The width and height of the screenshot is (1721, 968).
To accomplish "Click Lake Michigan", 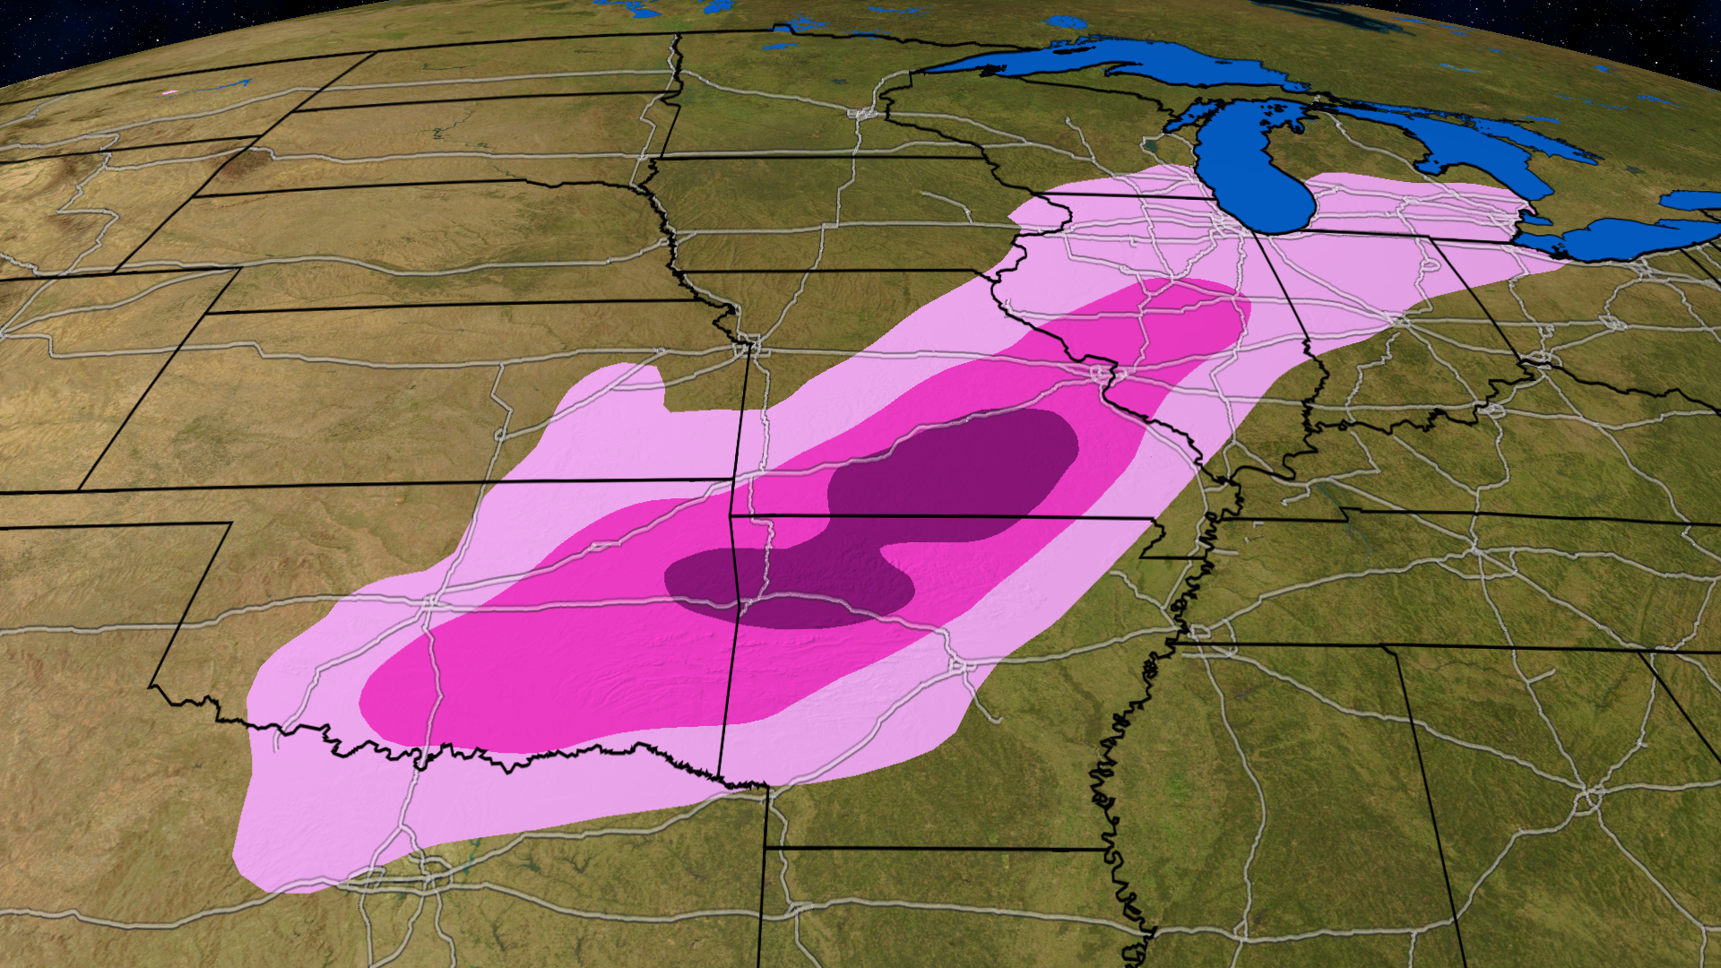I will click(1255, 170).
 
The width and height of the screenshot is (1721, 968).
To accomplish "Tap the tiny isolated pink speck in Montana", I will click(168, 92).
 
